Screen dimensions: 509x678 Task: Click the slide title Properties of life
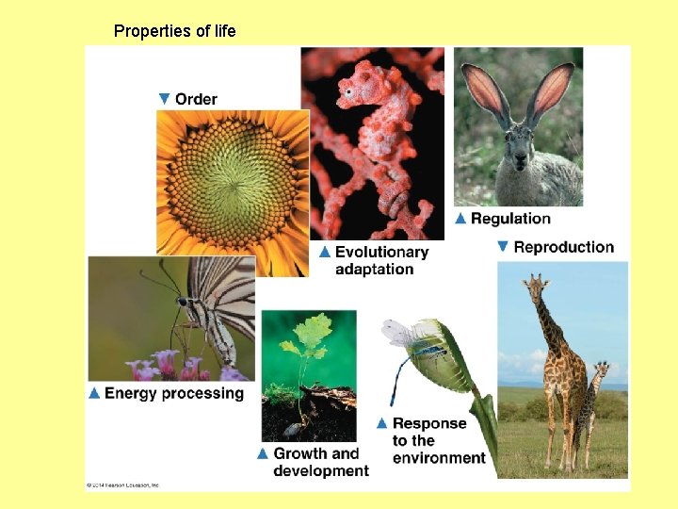click(174, 31)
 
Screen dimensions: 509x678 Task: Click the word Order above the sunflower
click(196, 99)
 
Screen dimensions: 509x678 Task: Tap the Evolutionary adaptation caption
click(381, 260)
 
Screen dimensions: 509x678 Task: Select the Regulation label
click(510, 219)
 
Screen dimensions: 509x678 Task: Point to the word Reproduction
click(564, 247)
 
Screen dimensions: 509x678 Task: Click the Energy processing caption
click(174, 393)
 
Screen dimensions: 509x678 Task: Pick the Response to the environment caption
click(439, 440)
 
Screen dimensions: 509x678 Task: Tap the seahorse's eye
click(349, 91)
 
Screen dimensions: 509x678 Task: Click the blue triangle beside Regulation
click(460, 219)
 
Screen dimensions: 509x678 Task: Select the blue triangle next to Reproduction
click(503, 247)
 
